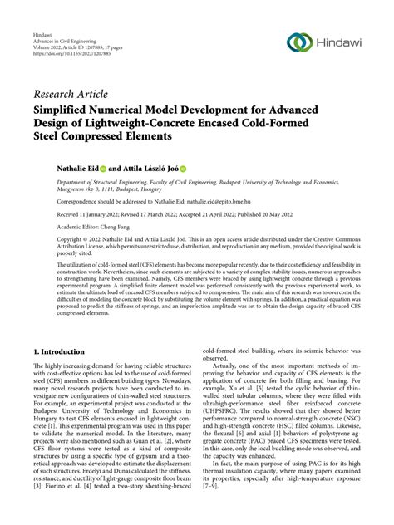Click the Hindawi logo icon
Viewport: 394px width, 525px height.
(298, 42)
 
